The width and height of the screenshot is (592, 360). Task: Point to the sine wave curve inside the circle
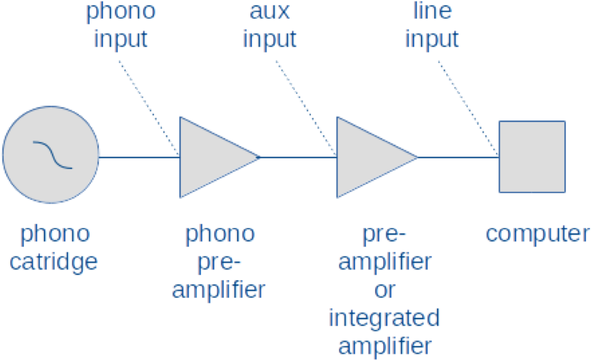click(53, 155)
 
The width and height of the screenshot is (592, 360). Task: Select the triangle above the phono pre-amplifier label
click(211, 157)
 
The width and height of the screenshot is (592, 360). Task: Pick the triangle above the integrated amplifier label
click(368, 157)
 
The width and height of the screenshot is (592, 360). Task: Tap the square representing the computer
click(531, 157)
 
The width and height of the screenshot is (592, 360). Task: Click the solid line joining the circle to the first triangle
click(139, 157)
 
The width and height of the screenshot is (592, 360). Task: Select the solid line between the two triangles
click(299, 157)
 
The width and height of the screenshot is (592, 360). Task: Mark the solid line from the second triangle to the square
click(459, 157)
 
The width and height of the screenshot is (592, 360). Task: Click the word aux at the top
click(270, 11)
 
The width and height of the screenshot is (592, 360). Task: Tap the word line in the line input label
click(432, 11)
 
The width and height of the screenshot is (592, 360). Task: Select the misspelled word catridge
click(54, 262)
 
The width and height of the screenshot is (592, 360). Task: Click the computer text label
click(537, 234)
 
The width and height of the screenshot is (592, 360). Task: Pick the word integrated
click(384, 318)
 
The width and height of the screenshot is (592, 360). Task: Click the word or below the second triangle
click(384, 290)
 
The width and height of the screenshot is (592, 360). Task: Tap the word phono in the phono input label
click(121, 11)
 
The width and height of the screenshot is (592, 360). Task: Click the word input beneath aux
click(270, 39)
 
